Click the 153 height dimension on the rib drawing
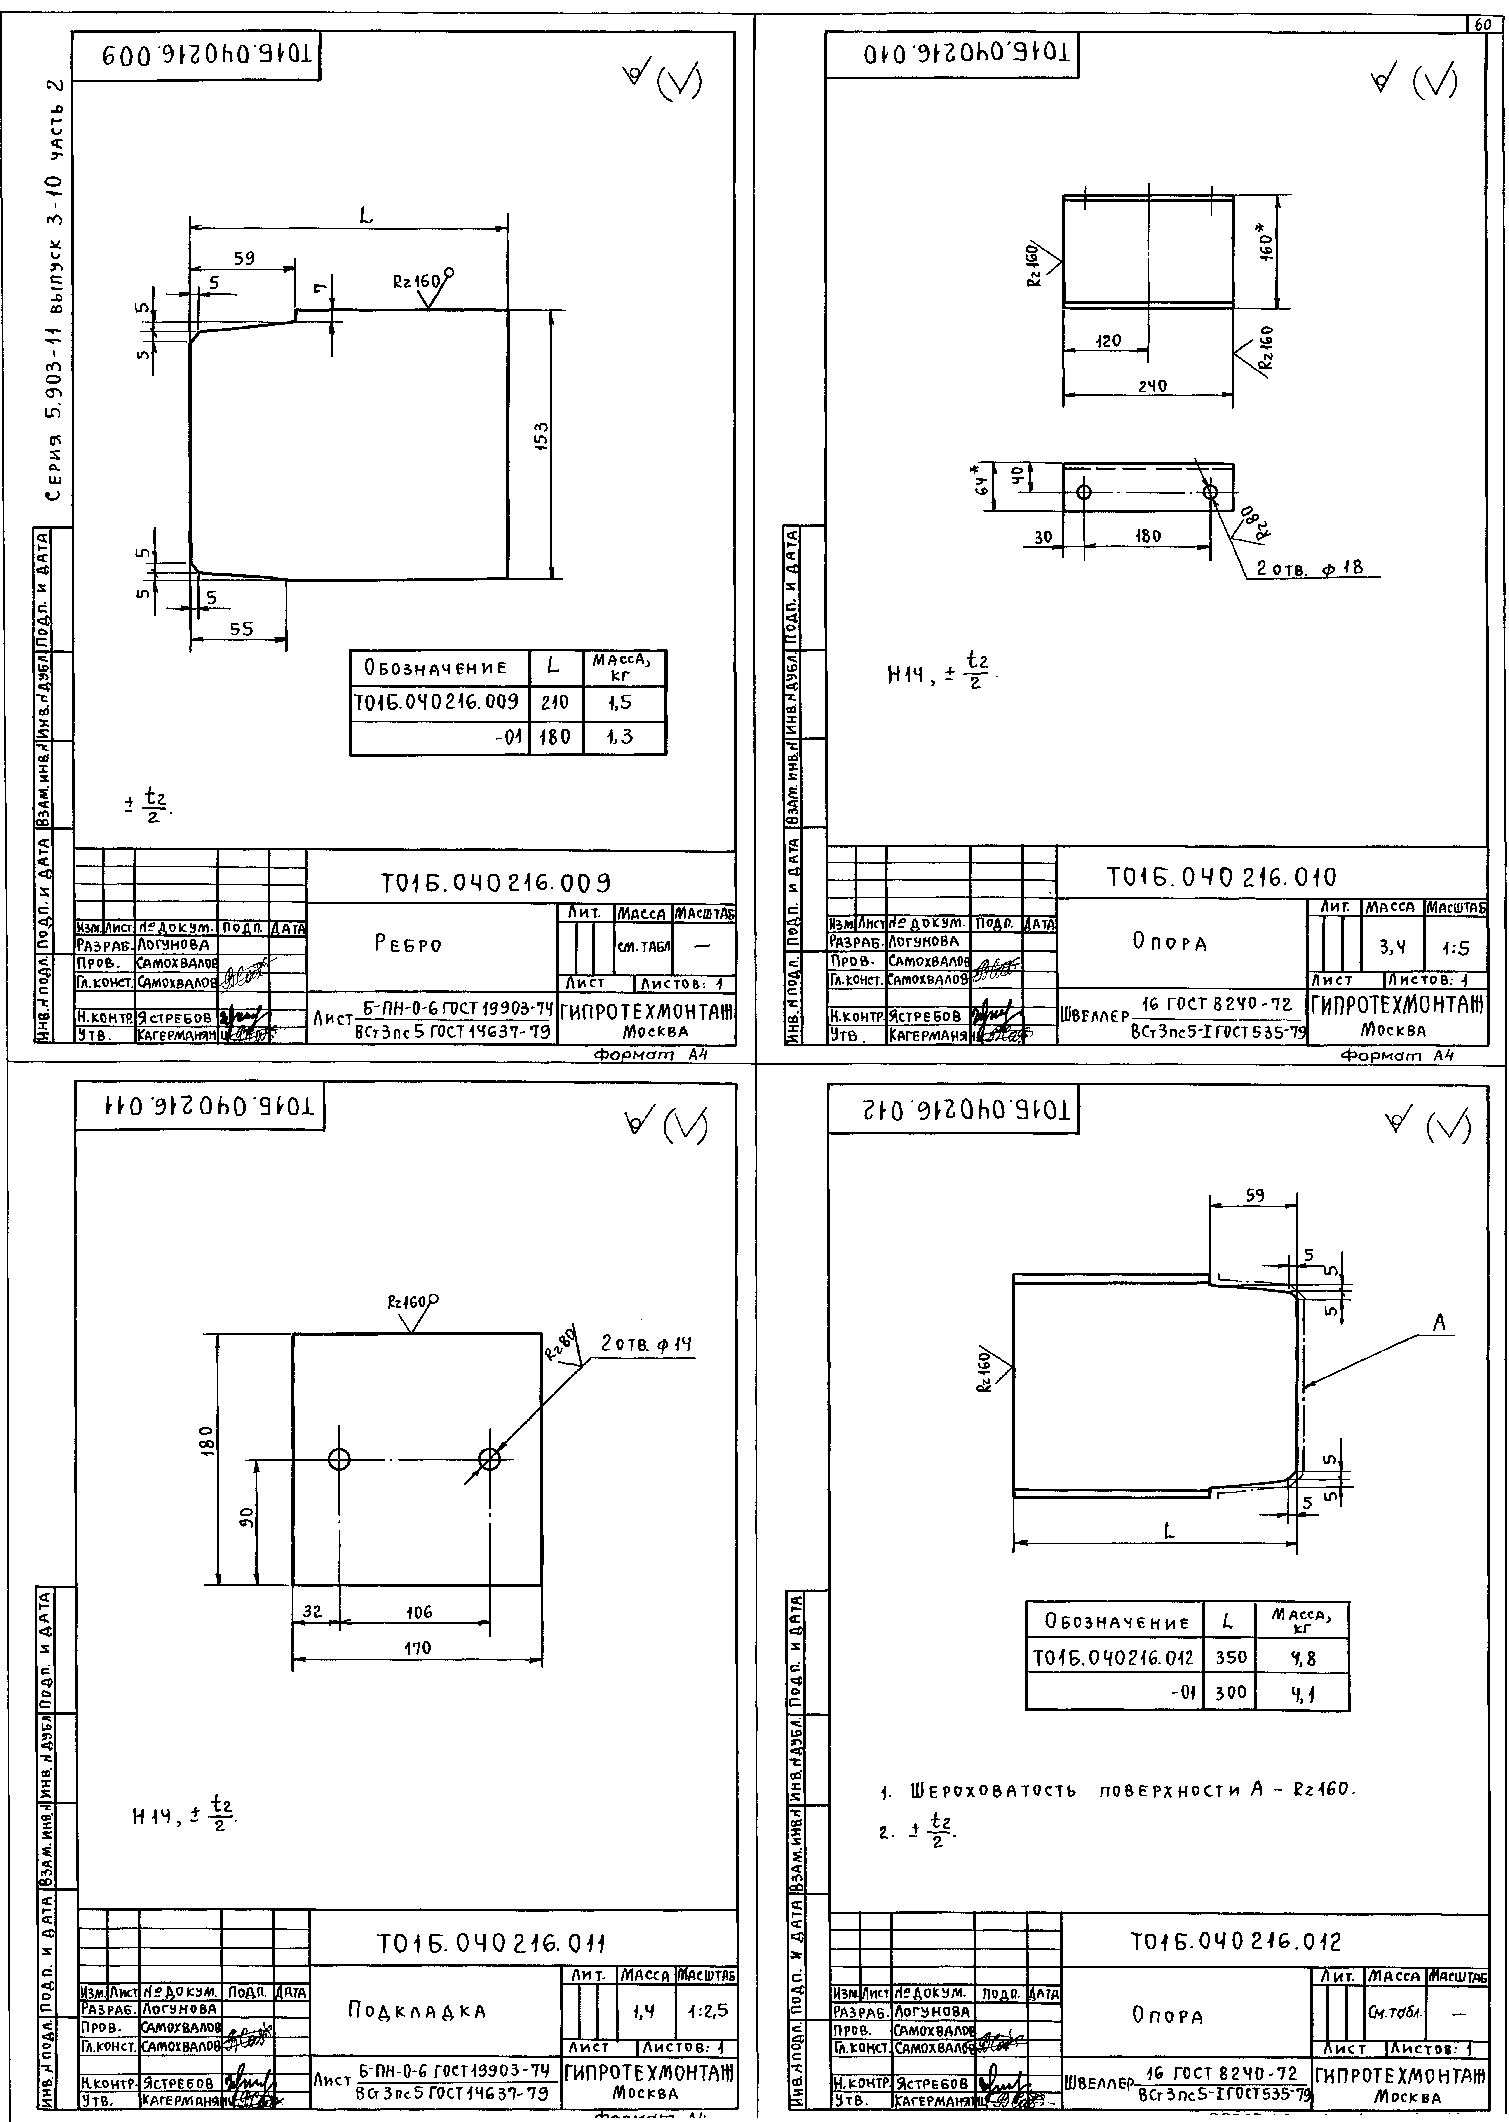[542, 435]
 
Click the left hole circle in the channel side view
[1083, 491]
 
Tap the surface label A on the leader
[1439, 1323]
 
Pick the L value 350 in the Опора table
[1230, 1657]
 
